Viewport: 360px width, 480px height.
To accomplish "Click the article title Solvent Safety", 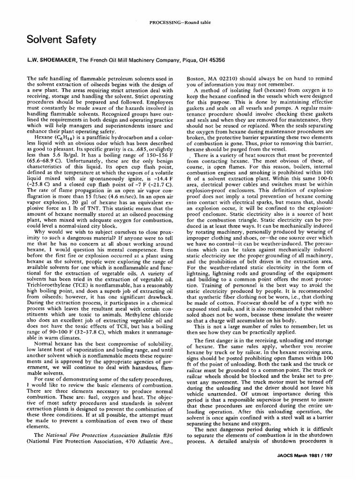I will point(61,40).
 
